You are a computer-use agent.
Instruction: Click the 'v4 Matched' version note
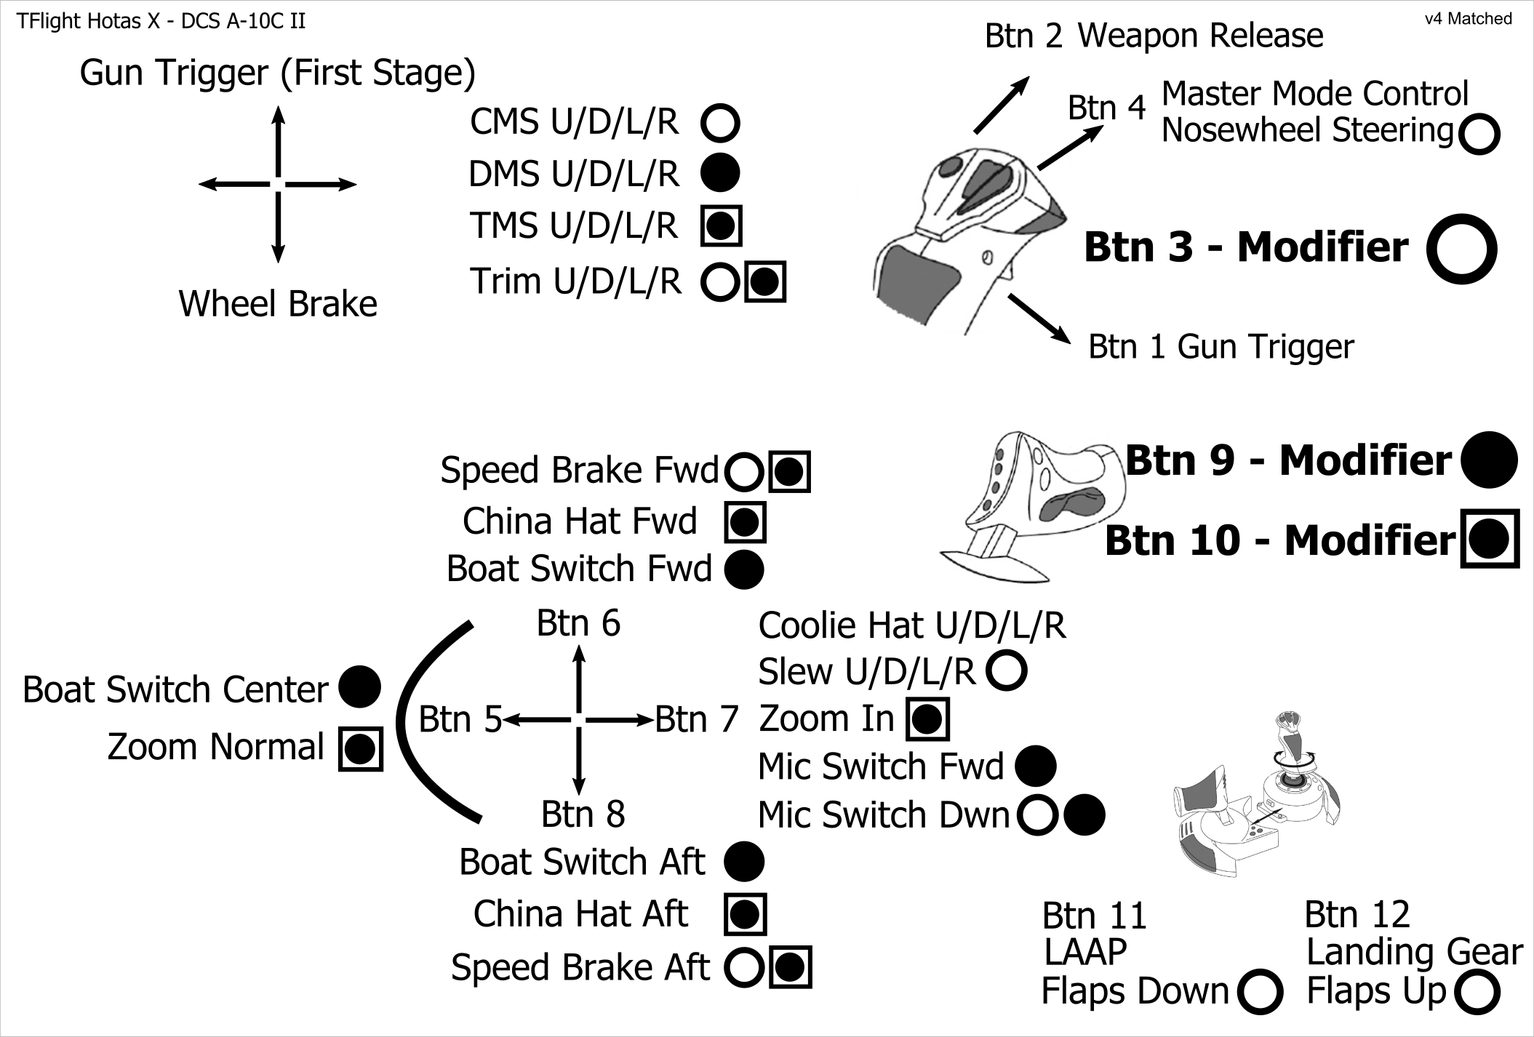[x=1468, y=19]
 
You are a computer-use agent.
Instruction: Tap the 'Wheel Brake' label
[x=278, y=304]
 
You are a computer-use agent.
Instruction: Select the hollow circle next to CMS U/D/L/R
[x=720, y=122]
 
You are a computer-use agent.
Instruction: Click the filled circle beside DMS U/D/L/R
[x=720, y=173]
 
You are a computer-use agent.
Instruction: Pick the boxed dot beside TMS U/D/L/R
[x=721, y=225]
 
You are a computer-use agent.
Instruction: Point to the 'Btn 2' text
[x=1023, y=36]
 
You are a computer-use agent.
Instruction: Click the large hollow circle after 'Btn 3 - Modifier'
[x=1461, y=249]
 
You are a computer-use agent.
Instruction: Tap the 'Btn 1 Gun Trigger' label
[x=1221, y=347]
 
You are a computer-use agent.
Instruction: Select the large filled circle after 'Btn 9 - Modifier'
[x=1489, y=460]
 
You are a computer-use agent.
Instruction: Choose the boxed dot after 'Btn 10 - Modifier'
[x=1490, y=539]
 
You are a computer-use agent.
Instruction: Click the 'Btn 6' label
[x=578, y=623]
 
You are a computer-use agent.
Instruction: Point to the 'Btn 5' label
[x=460, y=720]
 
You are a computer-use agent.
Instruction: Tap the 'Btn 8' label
[x=583, y=814]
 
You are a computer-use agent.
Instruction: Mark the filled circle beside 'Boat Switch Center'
[x=360, y=687]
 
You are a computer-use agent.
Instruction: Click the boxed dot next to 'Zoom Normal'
[x=360, y=748]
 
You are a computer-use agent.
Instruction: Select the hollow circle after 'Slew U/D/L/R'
[x=1007, y=670]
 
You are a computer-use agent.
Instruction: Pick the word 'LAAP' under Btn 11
[x=1085, y=952]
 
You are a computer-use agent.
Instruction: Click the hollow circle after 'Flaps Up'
[x=1478, y=993]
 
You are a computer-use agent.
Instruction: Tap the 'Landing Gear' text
[x=1414, y=952]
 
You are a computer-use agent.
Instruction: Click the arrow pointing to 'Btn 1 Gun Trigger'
[x=1039, y=319]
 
